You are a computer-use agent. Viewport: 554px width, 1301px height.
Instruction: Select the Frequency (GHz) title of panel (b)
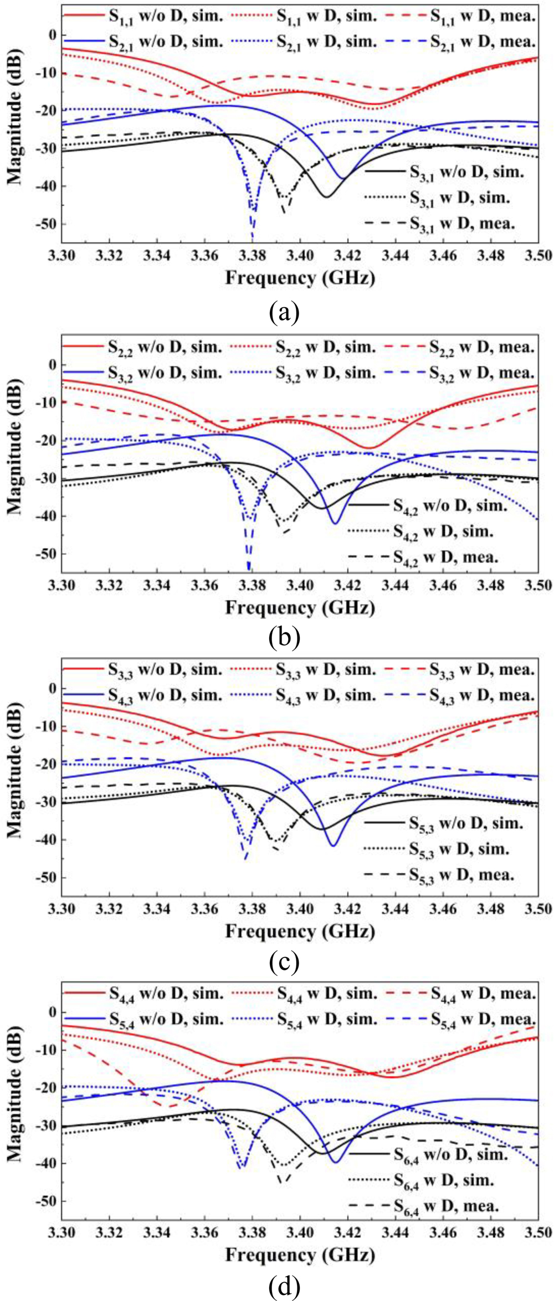pyautogui.click(x=300, y=608)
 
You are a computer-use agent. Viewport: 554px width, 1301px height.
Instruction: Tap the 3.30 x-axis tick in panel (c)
pyautogui.click(x=61, y=908)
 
